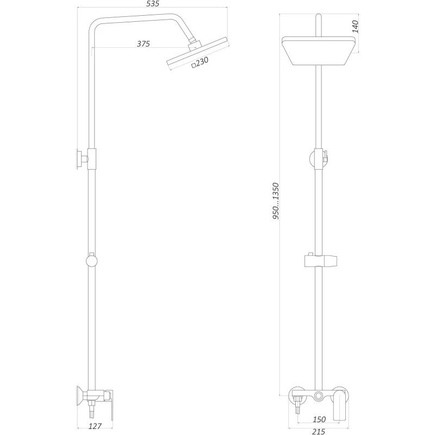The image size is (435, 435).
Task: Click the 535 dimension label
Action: click(x=152, y=4)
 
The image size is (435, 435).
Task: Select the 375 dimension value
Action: click(x=143, y=43)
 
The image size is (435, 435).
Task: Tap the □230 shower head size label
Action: click(x=200, y=63)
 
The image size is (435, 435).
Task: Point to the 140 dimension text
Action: click(x=356, y=26)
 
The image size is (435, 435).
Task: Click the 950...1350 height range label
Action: click(x=276, y=201)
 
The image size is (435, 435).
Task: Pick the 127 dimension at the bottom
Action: click(x=96, y=427)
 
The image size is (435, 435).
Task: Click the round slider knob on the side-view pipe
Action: click(x=92, y=261)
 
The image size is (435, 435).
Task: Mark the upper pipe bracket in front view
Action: click(x=319, y=158)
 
